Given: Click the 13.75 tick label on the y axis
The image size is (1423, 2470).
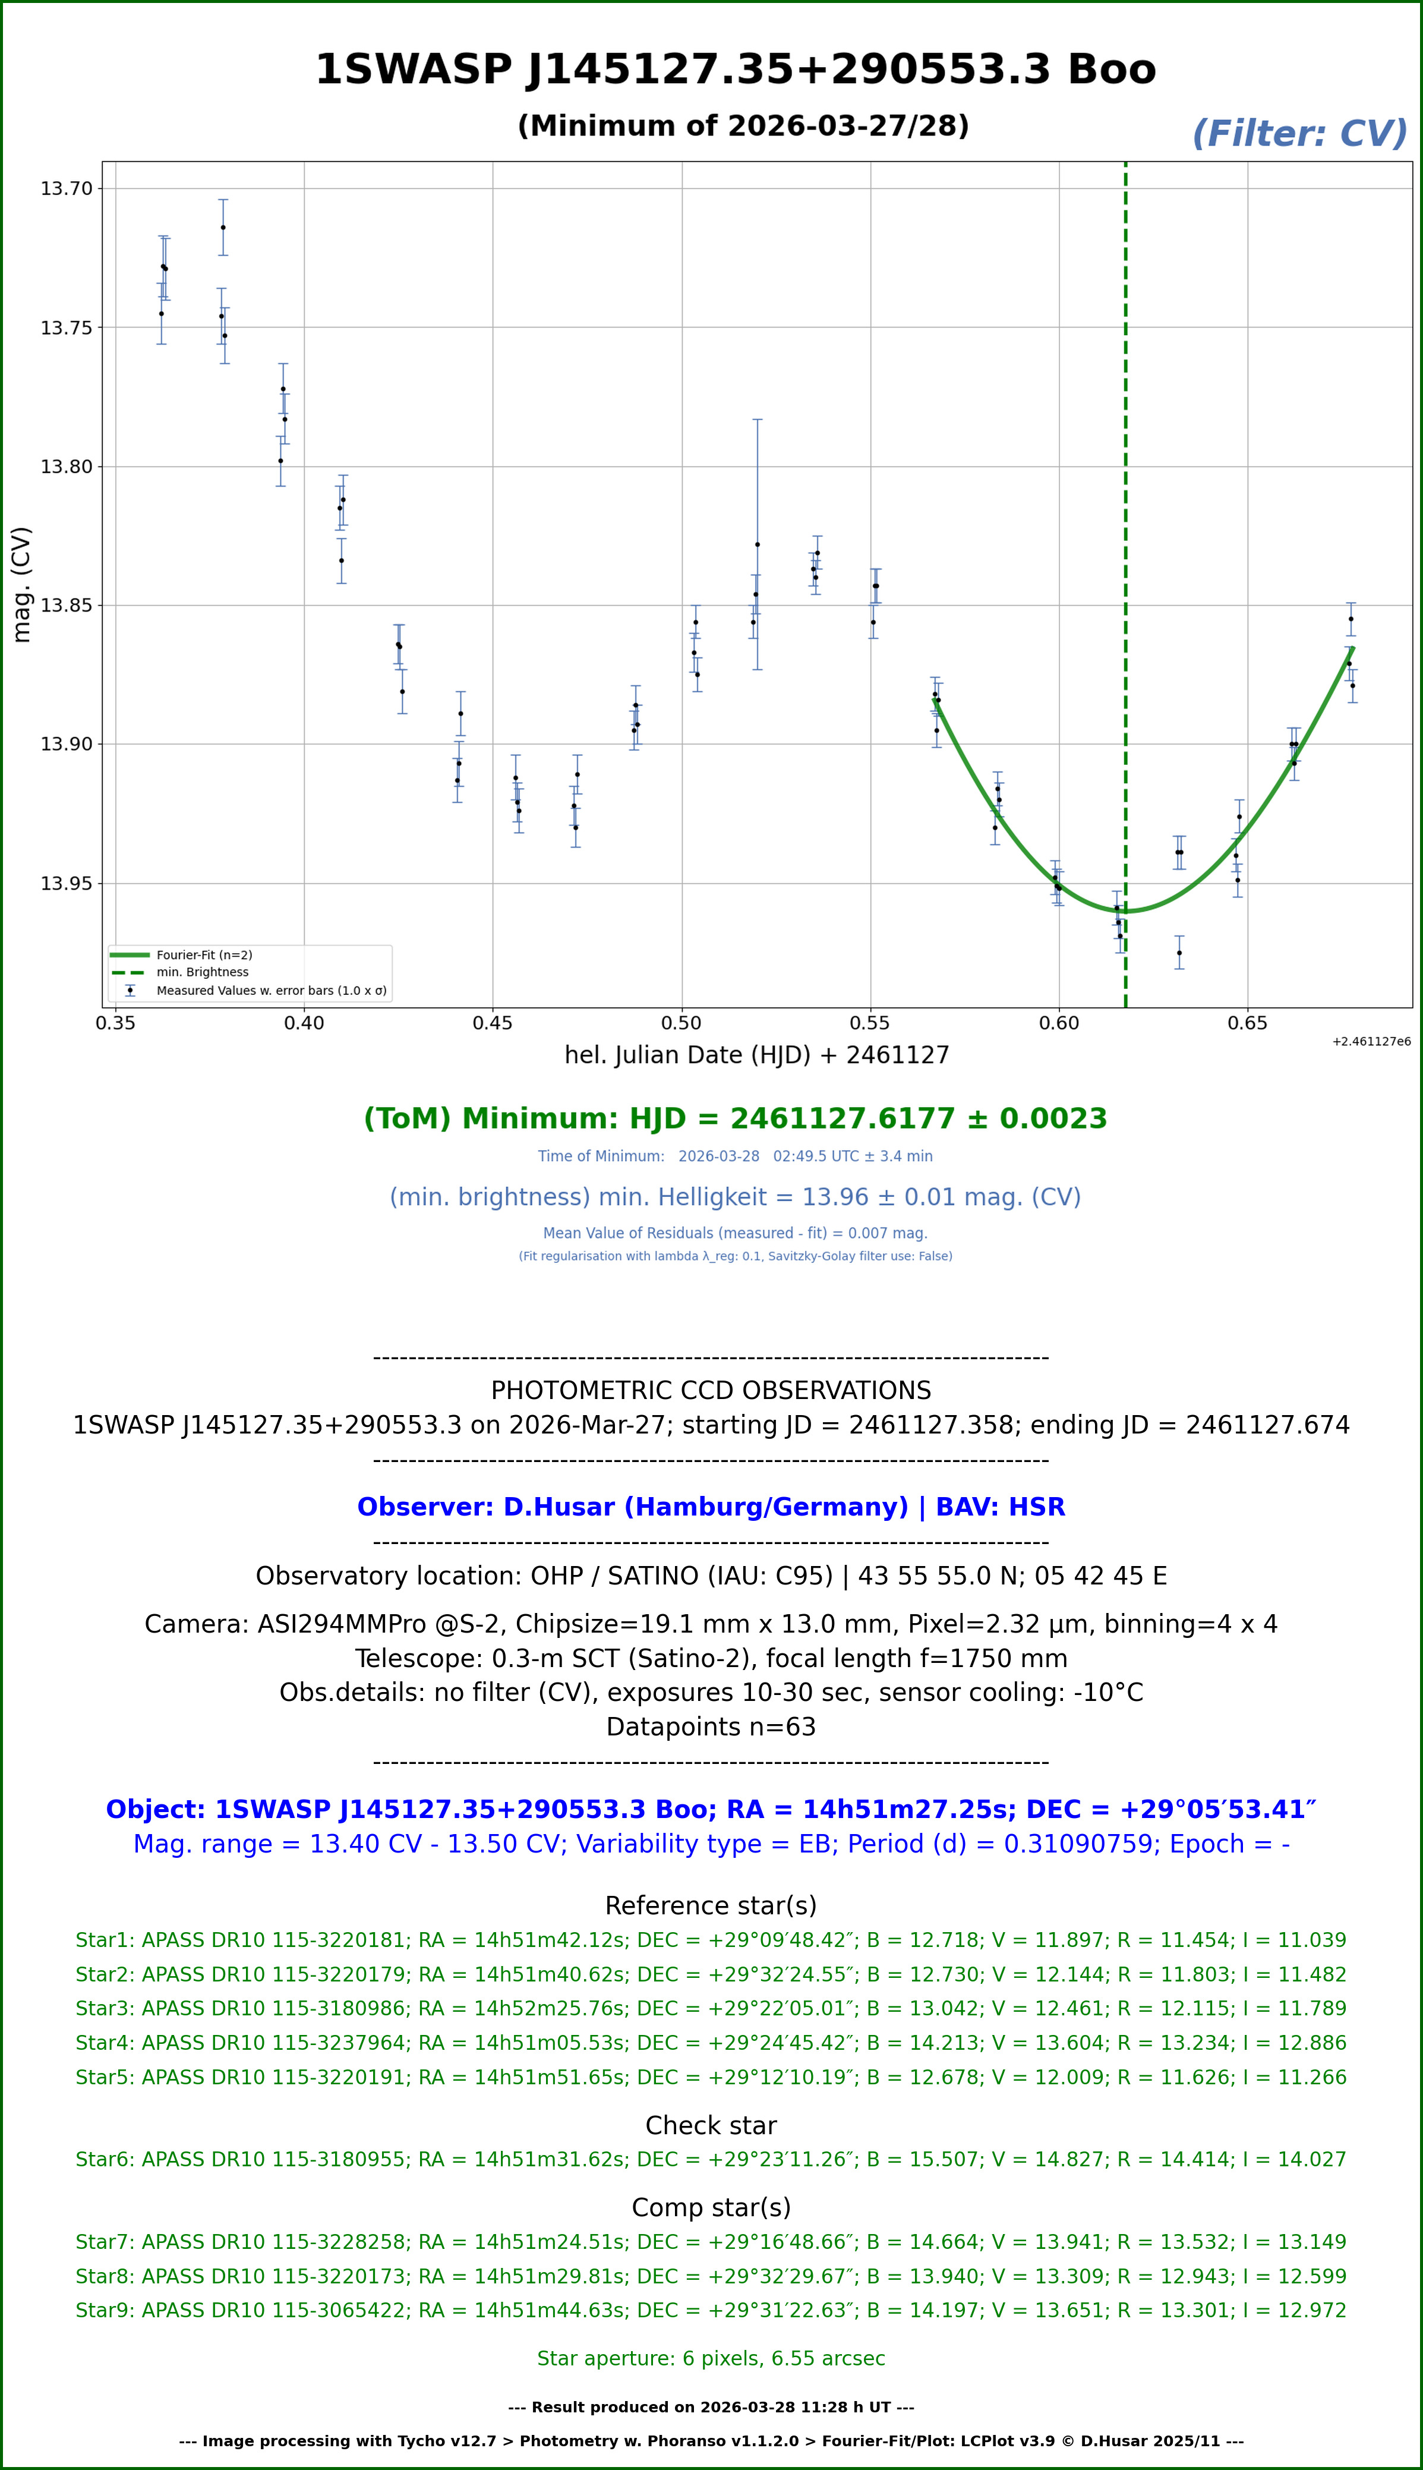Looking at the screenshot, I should [x=65, y=327].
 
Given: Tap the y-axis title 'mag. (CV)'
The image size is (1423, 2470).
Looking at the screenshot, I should [x=21, y=584].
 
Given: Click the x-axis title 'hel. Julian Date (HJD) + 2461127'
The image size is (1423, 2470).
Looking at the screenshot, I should [x=756, y=1055].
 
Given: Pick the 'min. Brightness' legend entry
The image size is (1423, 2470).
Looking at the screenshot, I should [x=202, y=972].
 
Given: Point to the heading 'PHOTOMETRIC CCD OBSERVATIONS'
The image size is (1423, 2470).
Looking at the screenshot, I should [x=711, y=1390].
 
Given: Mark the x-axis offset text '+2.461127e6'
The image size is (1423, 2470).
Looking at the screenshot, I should [x=1370, y=1041].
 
